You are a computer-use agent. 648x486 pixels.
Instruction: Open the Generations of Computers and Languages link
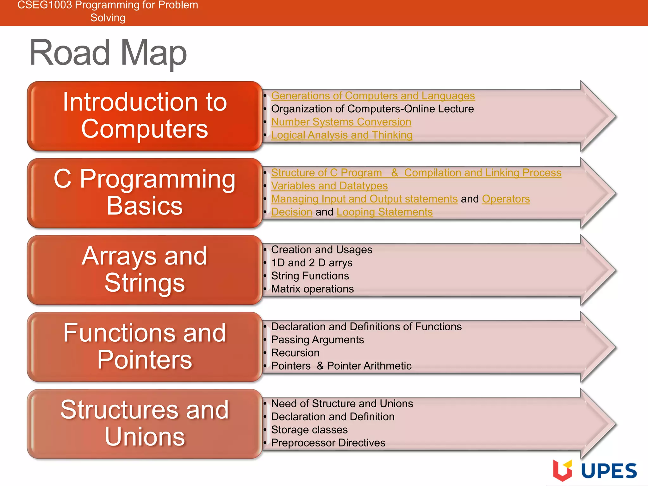(x=373, y=96)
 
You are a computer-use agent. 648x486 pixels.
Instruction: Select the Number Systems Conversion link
(x=341, y=122)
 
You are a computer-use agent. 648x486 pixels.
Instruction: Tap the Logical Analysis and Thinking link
(x=341, y=135)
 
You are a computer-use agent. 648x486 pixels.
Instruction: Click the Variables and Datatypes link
(x=329, y=186)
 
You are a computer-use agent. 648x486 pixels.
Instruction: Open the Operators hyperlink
(x=506, y=199)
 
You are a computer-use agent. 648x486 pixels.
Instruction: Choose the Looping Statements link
(x=384, y=212)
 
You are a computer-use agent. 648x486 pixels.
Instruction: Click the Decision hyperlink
(x=291, y=212)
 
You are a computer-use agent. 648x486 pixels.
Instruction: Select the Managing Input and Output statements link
(x=364, y=199)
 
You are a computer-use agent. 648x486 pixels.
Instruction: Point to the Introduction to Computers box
(x=145, y=115)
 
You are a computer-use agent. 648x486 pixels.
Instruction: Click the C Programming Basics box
(x=145, y=192)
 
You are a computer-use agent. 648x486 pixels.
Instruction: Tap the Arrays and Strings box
(x=145, y=270)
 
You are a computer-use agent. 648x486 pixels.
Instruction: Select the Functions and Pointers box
(x=145, y=346)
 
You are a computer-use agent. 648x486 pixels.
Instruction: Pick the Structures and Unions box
(x=145, y=423)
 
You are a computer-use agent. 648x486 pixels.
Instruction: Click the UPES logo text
(x=608, y=470)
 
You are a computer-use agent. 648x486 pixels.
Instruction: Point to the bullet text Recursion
(x=295, y=353)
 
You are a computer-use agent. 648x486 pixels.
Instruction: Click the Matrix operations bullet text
(x=312, y=289)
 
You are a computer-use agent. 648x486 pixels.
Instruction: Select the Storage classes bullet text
(x=309, y=430)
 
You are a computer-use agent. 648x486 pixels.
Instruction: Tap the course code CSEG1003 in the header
(x=45, y=5)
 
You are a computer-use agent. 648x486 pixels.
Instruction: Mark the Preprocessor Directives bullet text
(x=328, y=443)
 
